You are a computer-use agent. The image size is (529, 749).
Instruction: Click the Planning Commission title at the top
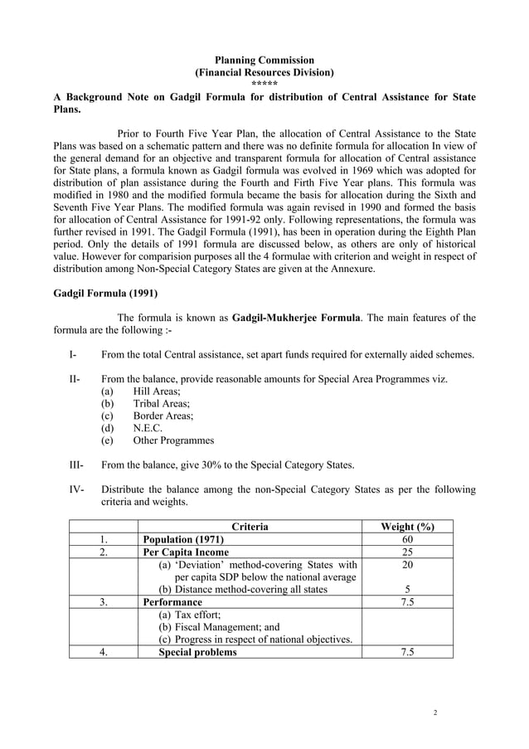[x=264, y=60]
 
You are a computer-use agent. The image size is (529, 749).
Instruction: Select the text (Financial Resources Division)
[x=264, y=72]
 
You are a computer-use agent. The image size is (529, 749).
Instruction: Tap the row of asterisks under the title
[x=264, y=84]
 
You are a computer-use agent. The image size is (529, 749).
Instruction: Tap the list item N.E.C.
[x=148, y=428]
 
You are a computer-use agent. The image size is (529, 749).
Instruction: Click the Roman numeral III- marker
[x=77, y=465]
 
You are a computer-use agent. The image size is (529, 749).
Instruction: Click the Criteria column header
[x=250, y=526]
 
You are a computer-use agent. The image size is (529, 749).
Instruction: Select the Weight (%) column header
[x=407, y=526]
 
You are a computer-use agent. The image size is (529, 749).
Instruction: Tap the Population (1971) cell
[x=183, y=539]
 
